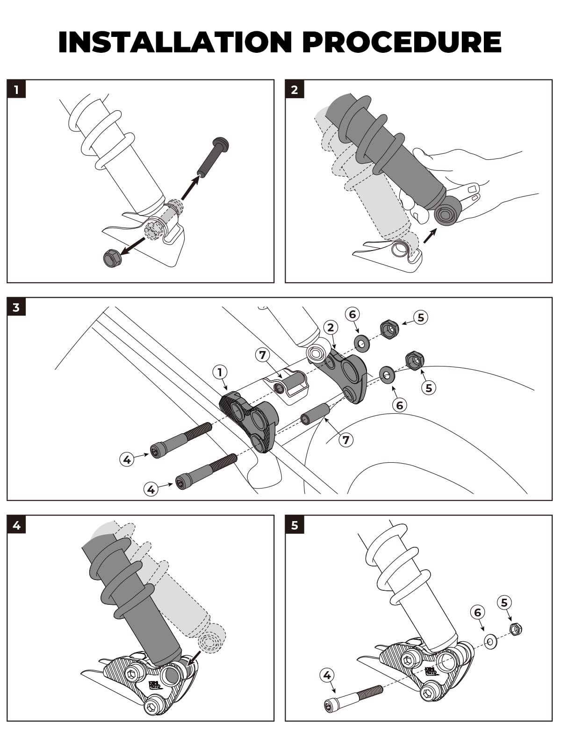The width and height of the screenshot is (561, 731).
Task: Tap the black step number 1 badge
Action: pos(16,89)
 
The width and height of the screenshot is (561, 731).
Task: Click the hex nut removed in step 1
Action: pos(112,258)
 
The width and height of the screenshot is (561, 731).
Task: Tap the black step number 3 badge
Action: pos(16,307)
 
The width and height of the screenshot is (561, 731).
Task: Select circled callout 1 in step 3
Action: pos(220,372)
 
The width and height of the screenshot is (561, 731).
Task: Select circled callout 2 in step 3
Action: pos(331,327)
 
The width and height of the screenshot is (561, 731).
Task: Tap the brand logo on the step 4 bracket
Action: pos(155,685)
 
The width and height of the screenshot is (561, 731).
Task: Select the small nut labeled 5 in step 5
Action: pos(515,629)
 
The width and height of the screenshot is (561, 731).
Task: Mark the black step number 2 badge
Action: pos(294,89)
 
